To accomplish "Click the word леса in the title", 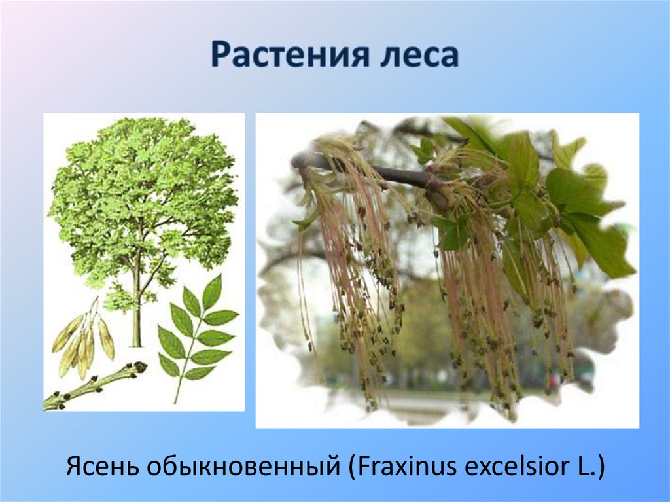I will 419,55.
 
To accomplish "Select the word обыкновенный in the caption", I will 241,467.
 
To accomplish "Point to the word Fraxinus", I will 394,467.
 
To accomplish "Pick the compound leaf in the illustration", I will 196,334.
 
